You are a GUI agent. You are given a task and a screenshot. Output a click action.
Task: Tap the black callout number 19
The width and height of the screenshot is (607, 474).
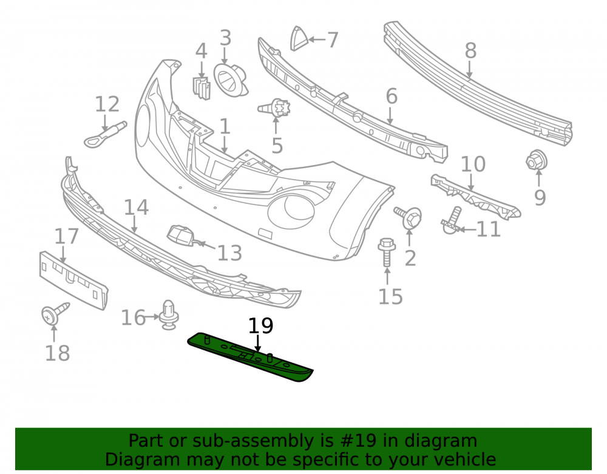(x=260, y=325)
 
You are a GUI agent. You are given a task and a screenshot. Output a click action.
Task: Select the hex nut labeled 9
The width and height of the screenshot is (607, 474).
(x=537, y=160)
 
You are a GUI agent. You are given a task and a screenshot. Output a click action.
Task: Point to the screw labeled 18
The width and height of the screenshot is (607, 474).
(x=55, y=313)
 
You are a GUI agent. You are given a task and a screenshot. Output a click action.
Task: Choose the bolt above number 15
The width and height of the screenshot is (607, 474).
(x=387, y=252)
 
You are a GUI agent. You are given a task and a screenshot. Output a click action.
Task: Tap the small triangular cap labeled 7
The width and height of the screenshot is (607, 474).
(x=299, y=38)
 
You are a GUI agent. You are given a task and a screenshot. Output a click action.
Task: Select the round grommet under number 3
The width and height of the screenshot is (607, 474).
(x=230, y=80)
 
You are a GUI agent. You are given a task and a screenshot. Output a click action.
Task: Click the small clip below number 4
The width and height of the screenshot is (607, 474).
(x=202, y=88)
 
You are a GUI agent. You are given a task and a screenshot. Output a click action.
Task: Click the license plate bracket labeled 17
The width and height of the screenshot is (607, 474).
(x=73, y=280)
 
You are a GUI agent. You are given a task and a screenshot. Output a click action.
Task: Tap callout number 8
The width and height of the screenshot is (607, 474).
(x=470, y=51)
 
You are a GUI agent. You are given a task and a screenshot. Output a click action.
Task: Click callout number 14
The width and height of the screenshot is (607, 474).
(x=136, y=208)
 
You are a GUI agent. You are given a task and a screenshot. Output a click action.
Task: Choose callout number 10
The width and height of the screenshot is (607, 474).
(x=473, y=164)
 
